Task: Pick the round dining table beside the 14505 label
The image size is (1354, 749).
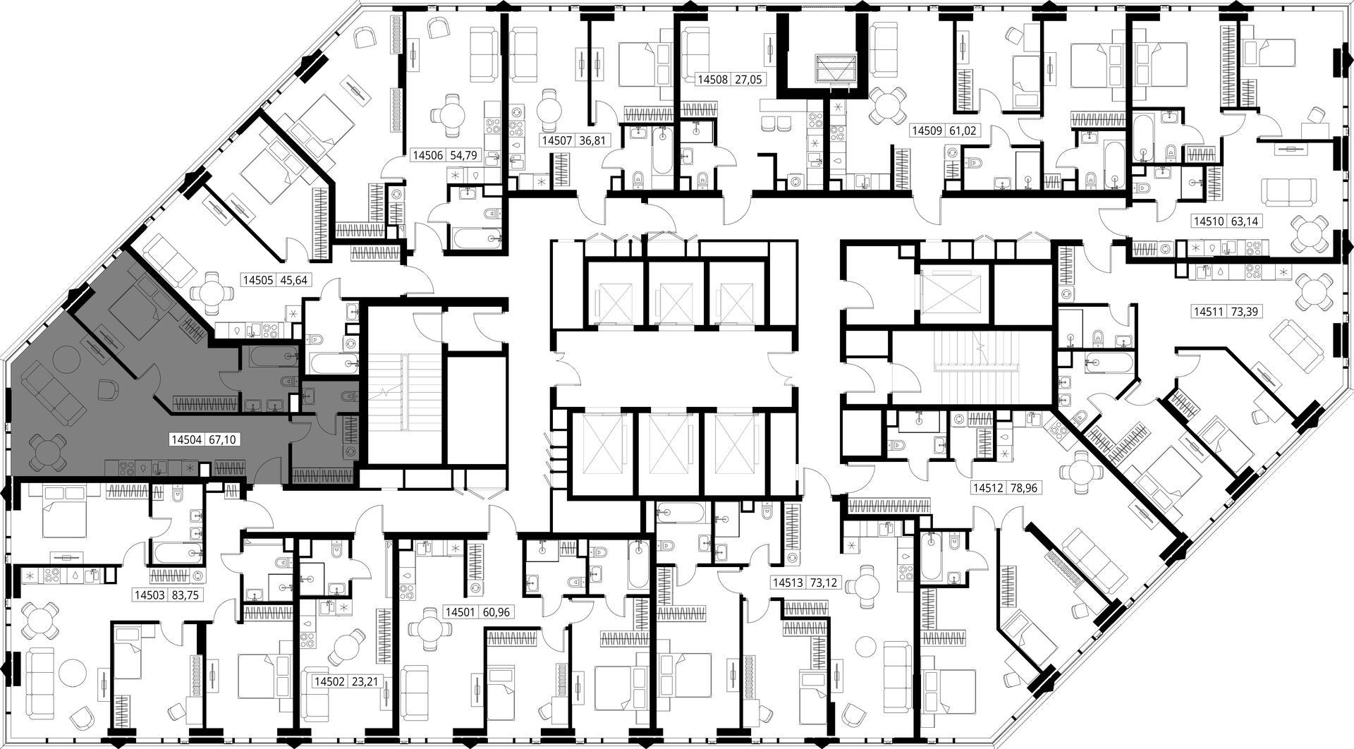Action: point(212,292)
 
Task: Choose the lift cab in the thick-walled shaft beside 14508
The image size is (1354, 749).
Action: point(834,68)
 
